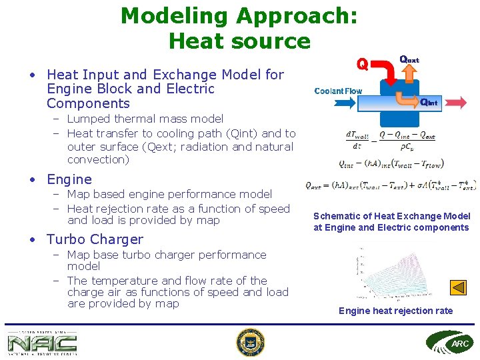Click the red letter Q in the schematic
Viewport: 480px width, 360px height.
[362, 64]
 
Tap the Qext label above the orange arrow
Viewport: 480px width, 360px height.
[409, 59]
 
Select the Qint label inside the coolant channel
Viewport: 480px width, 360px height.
[429, 103]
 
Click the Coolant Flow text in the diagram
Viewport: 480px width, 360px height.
[338, 91]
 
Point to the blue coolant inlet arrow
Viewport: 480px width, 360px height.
[345, 103]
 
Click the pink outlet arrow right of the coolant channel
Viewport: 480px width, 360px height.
[453, 103]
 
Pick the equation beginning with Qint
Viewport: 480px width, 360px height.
[391, 163]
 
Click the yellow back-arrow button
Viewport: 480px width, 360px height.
[458, 287]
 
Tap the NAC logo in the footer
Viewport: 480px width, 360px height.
[42, 343]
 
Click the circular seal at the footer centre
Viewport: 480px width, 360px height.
[251, 343]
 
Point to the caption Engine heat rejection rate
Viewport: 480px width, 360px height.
[395, 311]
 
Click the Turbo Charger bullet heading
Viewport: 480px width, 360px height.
[95, 239]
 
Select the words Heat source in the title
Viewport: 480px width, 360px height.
[239, 41]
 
